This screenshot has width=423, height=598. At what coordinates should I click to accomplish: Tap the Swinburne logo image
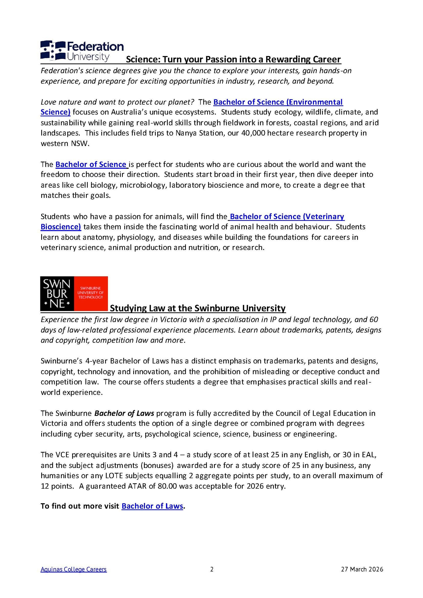(74, 294)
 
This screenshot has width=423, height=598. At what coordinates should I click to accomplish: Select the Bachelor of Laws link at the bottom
(152, 506)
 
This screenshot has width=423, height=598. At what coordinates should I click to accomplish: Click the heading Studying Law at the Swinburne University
(198, 308)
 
